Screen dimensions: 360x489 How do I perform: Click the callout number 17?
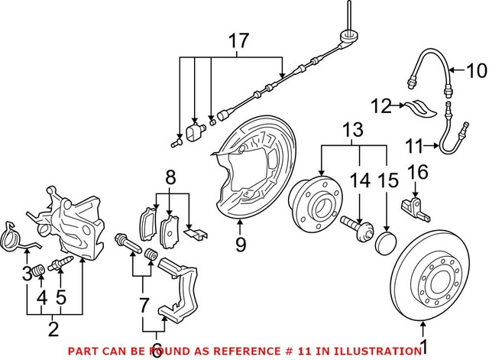[x=238, y=43]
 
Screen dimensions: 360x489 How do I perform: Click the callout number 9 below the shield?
[x=241, y=246]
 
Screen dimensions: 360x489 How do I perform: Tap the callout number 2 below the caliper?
[x=53, y=330]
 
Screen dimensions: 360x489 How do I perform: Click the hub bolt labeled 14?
[x=355, y=229]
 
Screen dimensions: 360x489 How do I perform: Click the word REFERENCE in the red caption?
[x=237, y=351]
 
